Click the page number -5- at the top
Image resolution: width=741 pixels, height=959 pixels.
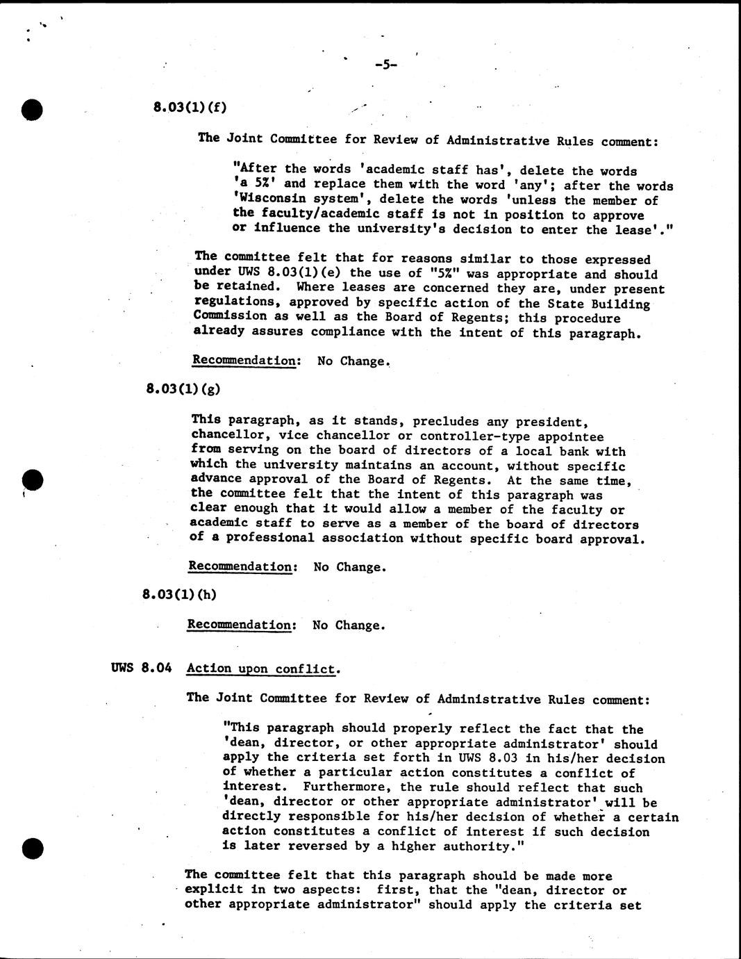coord(385,65)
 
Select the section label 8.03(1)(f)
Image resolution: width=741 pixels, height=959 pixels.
coord(190,107)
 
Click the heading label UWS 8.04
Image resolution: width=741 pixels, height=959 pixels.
coord(141,669)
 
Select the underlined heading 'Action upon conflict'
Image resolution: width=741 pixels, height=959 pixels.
coord(262,669)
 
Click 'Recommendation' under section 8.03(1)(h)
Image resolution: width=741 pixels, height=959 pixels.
coord(240,625)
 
